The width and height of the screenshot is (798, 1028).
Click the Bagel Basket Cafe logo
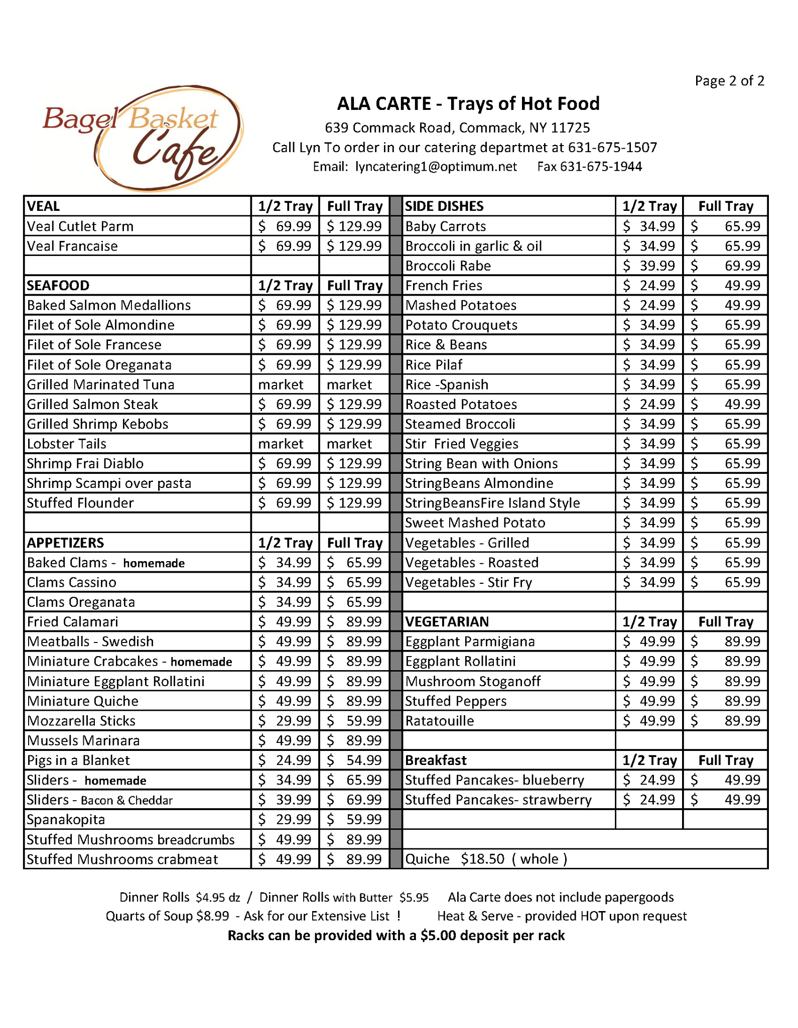(143, 138)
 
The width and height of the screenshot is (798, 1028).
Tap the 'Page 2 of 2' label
(729, 81)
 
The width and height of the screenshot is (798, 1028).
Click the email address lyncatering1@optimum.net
(436, 167)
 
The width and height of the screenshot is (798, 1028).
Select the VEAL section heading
(44, 206)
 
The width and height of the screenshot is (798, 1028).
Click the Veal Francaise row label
(72, 246)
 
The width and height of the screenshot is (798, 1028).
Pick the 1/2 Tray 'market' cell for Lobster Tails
(281, 444)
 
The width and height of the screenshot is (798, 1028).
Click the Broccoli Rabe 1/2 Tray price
(649, 266)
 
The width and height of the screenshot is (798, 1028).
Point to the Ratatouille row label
(439, 721)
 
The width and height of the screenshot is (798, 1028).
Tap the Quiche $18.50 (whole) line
(486, 859)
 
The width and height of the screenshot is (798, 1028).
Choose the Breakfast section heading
(436, 760)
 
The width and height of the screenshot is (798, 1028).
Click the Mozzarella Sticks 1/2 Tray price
(285, 721)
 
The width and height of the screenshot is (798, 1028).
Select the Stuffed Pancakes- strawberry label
(498, 800)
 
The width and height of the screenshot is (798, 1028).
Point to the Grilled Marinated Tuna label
(100, 384)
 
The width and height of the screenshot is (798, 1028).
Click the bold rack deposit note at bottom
(396, 936)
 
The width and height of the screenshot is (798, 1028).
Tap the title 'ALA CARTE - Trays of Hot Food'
(468, 103)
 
